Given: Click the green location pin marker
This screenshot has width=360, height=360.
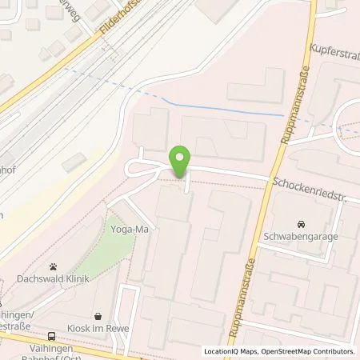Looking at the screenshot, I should tap(182, 162).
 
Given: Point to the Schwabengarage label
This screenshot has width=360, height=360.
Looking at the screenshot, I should tap(299, 238).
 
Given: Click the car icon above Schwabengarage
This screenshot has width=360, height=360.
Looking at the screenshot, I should tap(300, 224).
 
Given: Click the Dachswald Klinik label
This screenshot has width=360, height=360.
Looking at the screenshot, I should tap(52, 278).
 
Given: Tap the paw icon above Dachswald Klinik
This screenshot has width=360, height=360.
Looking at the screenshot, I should tap(52, 264).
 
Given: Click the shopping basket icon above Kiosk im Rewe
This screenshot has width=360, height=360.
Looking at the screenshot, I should tap(98, 316).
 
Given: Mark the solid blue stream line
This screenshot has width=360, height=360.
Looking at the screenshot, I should tap(224, 110).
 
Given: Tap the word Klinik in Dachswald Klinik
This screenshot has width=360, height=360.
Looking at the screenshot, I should tap(75, 278).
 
